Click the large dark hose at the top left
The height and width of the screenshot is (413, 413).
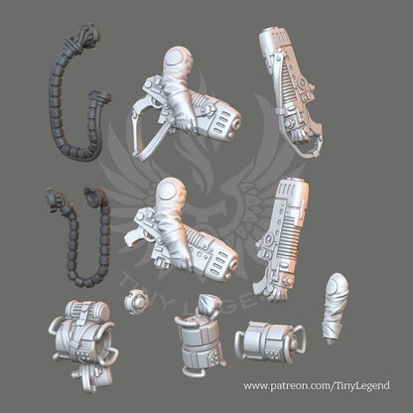click(x=55, y=99)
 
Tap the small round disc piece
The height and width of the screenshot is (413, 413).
click(x=135, y=301)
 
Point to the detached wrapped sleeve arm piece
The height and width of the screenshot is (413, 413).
click(x=336, y=308)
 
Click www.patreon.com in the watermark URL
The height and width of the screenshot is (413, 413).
click(x=286, y=386)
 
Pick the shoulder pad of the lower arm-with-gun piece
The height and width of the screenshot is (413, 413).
click(x=171, y=189)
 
